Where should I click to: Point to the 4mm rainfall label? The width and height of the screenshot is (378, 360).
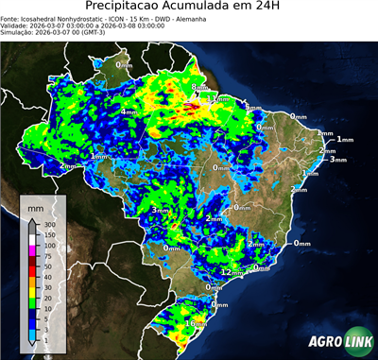[129, 111]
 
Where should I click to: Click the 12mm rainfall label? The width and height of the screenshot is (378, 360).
[230, 272]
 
